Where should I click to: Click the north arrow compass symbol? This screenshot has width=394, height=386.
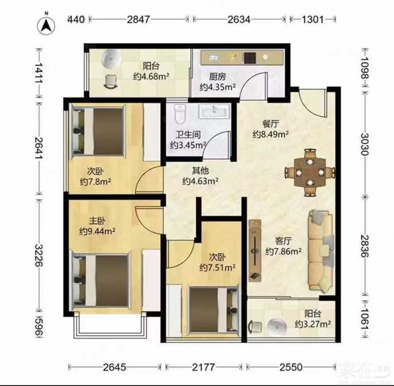[46, 25]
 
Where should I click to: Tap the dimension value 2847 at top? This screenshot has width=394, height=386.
[138, 20]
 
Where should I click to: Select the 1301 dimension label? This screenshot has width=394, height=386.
[312, 20]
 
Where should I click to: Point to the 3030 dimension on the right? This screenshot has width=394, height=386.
[364, 144]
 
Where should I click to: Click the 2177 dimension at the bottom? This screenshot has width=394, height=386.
[203, 367]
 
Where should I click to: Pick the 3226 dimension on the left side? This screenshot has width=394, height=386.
[39, 255]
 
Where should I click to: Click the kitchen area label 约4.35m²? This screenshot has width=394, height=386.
[218, 87]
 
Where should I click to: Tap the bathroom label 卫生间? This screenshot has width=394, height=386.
[188, 135]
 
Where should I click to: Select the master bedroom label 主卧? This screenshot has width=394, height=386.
[97, 221]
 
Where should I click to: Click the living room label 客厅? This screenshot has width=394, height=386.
[283, 241]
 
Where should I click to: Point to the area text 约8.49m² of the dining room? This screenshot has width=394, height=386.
[270, 134]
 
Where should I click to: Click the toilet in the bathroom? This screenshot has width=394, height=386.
[180, 114]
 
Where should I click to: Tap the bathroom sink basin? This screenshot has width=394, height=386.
[214, 111]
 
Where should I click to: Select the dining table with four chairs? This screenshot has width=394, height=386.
[310, 172]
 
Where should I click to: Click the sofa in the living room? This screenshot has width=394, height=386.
[321, 251]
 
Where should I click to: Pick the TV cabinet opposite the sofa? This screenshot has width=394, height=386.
[255, 251]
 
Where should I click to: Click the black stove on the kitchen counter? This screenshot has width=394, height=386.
[250, 58]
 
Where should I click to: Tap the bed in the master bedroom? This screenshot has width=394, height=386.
[101, 281]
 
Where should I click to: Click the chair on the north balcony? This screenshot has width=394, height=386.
[111, 81]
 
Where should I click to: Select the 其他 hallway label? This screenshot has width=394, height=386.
[200, 171]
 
